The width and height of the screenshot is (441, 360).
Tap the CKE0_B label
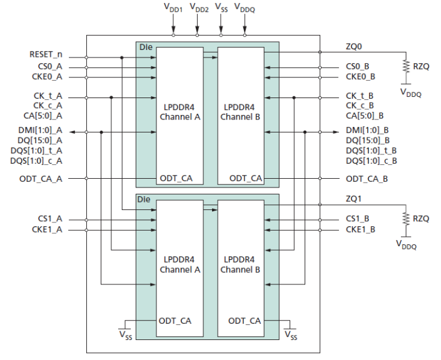(360, 77)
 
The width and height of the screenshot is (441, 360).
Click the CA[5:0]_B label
(365, 116)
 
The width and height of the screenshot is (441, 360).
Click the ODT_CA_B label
(368, 179)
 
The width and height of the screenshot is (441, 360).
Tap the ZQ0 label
(354, 46)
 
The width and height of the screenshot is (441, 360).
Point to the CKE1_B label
(360, 230)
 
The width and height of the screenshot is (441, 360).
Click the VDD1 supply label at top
(173, 8)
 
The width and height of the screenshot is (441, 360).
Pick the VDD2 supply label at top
(199, 8)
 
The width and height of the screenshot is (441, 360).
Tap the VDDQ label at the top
(245, 8)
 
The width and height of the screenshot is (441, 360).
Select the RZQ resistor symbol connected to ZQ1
(406, 219)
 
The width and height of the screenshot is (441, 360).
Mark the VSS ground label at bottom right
(291, 337)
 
